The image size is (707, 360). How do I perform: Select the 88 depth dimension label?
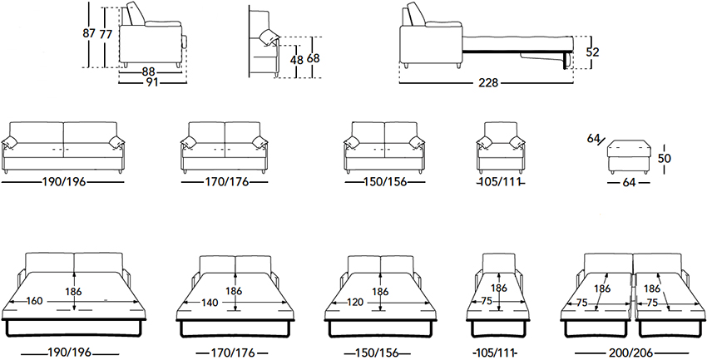coord(150,72)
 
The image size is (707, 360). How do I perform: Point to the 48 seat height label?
coord(296,60)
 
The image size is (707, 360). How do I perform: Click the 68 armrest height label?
coord(314,58)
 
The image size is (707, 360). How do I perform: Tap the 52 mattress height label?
coord(592,52)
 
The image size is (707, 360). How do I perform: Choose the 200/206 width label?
coord(640,353)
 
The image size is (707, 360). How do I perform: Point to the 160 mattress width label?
coord(34,301)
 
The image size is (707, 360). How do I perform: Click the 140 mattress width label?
coord(210,303)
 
